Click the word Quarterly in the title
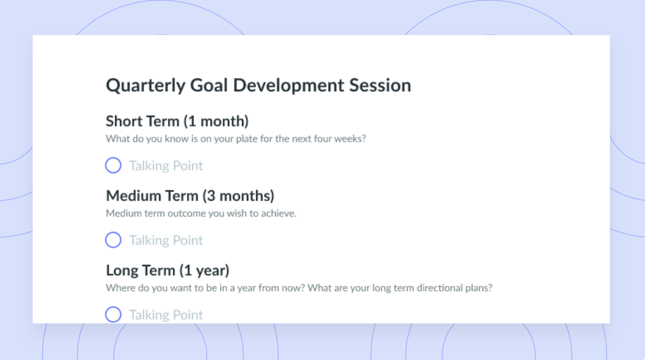[x=145, y=86]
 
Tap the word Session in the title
[x=380, y=85]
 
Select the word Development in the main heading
[x=288, y=86]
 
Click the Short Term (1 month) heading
[x=177, y=121]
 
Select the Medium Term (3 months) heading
[x=190, y=196]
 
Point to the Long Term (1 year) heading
[x=167, y=270]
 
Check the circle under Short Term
[x=113, y=165]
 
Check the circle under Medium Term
[x=113, y=240]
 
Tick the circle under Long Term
[x=113, y=315]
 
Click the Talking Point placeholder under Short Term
[x=166, y=166]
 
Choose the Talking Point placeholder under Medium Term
[x=166, y=240]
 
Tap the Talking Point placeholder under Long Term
[x=166, y=315]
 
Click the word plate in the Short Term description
[x=247, y=139]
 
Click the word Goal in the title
[x=209, y=85]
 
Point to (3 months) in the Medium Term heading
[x=238, y=196]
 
